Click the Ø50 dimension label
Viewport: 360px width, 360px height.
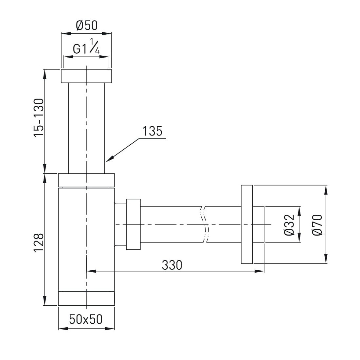point(87,25)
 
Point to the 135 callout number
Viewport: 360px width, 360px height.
point(153,131)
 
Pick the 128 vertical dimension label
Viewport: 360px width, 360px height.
point(39,243)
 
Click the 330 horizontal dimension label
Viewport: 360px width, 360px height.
point(172,265)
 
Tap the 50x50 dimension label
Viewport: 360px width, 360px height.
point(86,319)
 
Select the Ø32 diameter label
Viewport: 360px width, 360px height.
point(289,225)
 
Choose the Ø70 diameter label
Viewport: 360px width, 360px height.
point(317,225)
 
